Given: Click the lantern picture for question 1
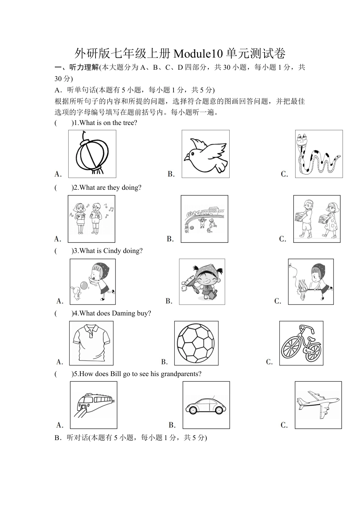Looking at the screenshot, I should pyautogui.click(x=92, y=154).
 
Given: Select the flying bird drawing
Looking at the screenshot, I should pyautogui.click(x=205, y=154).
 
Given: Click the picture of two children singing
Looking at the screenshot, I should pyautogui.click(x=91, y=219).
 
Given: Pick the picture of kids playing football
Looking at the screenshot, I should pyautogui.click(x=204, y=219).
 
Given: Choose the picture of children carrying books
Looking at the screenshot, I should pyautogui.click(x=317, y=219).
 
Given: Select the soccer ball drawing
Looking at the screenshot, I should pyautogui.click(x=196, y=343).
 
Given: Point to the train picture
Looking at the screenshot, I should pyautogui.click(x=94, y=405).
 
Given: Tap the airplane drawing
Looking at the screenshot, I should pyautogui.click(x=318, y=405).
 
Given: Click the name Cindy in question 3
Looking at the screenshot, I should pyautogui.click(x=112, y=251).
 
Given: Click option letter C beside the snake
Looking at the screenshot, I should pyautogui.click(x=285, y=174).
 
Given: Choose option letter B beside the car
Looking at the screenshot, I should pyautogui.click(x=172, y=425).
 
